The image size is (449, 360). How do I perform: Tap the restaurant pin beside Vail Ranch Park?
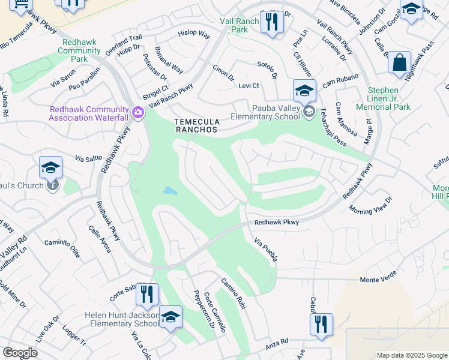(271, 22)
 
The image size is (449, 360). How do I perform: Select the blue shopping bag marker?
(399, 63)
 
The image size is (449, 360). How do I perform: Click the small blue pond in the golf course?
(170, 191)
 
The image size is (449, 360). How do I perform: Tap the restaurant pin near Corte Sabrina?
(146, 295)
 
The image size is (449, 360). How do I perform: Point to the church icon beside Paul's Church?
(53, 185)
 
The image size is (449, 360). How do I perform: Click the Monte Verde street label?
(379, 280)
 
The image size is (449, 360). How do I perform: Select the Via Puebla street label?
(265, 250)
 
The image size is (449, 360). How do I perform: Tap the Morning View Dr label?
(370, 205)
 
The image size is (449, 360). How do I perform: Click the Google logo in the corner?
(20, 353)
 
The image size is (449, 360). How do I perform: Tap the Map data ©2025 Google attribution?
(411, 355)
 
